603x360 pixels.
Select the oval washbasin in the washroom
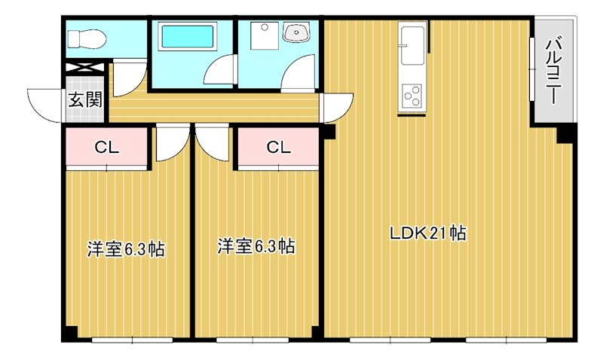click(x=295, y=32)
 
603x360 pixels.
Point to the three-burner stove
click(x=412, y=96)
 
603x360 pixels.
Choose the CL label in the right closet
click(x=278, y=148)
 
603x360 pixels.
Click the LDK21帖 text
click(x=427, y=233)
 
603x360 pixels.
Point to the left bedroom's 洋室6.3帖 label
click(x=126, y=248)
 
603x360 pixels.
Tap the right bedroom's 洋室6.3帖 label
click(x=256, y=246)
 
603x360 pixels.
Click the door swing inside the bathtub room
click(x=219, y=70)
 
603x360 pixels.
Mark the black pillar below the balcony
click(x=565, y=134)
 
